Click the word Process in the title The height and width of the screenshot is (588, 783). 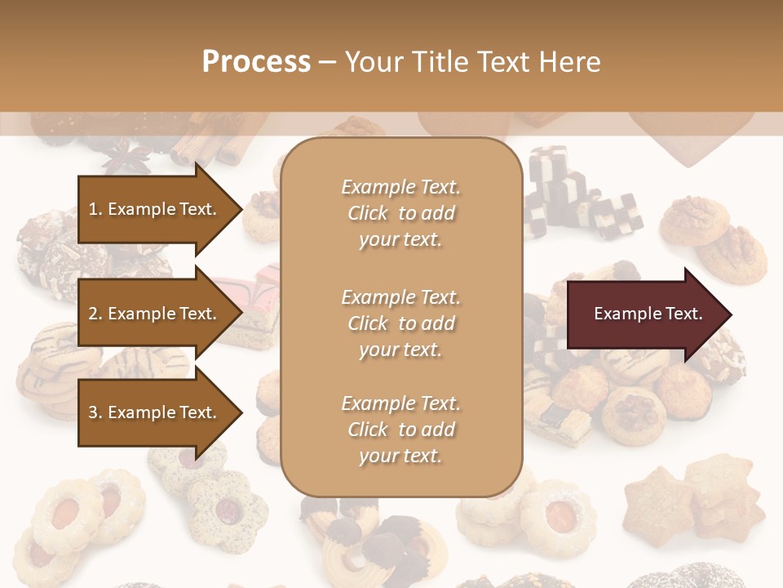point(256,62)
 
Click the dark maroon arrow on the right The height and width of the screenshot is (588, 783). point(648,314)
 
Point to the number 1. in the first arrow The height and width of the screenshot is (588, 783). point(95,209)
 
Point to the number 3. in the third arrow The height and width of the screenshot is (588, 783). point(95,412)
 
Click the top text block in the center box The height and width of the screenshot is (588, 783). point(400,213)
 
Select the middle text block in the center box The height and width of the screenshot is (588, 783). point(400,323)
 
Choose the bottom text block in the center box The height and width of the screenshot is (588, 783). point(400,430)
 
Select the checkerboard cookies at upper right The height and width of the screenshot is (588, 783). point(579,196)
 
